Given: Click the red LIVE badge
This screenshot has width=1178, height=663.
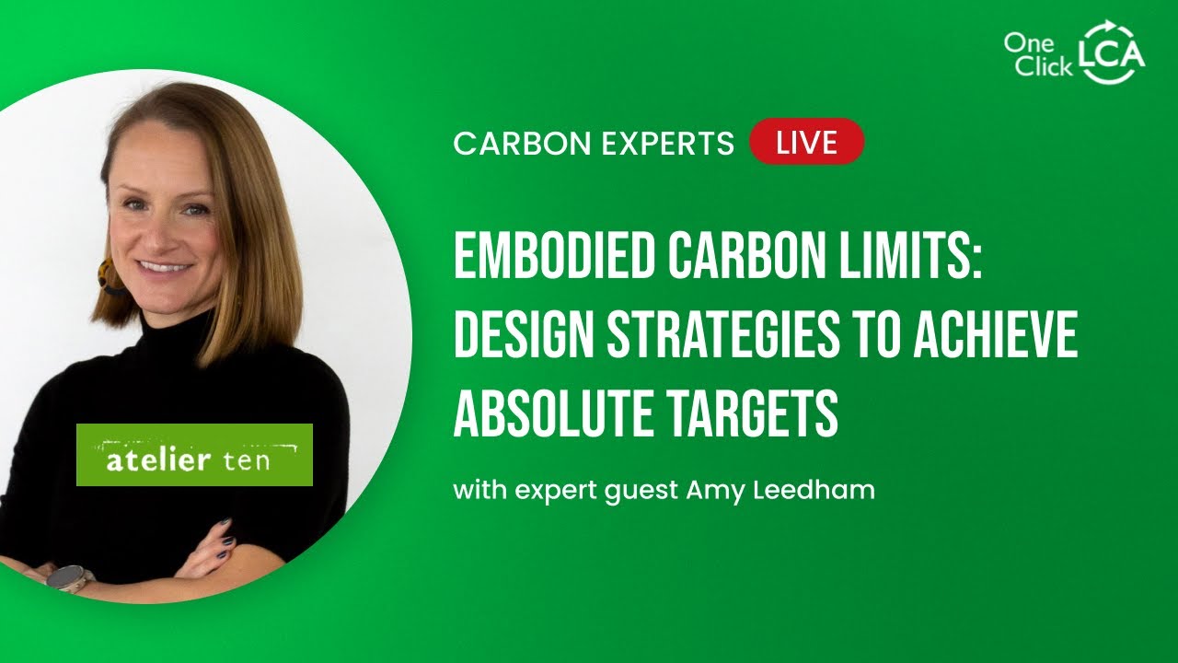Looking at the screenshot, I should (x=807, y=142).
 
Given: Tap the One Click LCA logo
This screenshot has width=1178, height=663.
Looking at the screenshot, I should (x=1073, y=54).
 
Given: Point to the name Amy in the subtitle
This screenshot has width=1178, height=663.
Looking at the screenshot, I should (x=711, y=491).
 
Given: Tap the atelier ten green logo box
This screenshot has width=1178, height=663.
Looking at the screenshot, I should (x=194, y=455).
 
